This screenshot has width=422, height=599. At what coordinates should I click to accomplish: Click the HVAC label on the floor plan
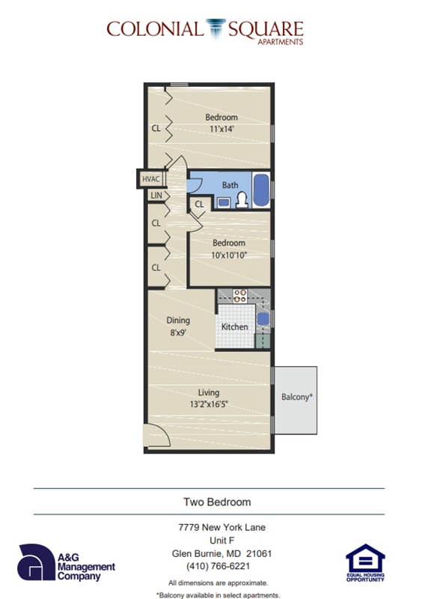(150, 180)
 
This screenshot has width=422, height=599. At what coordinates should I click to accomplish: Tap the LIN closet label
(156, 195)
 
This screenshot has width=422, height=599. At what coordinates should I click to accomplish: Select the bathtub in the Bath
(260, 190)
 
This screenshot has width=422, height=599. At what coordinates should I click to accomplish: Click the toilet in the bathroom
(242, 199)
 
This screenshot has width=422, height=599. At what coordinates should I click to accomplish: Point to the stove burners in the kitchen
(240, 296)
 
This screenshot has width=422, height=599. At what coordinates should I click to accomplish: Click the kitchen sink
(263, 319)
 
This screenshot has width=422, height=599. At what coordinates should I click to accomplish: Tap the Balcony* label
(296, 398)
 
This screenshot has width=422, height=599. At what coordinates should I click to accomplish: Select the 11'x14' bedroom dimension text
(221, 129)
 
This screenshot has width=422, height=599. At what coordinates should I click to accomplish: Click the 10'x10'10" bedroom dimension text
(228, 255)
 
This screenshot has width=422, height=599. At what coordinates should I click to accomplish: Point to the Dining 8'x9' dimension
(177, 332)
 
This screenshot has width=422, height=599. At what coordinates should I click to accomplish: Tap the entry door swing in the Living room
(154, 437)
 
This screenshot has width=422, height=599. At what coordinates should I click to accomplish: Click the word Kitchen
(234, 327)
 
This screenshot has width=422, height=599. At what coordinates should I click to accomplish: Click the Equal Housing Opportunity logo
(365, 563)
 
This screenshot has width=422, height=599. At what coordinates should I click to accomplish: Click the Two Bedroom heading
(217, 502)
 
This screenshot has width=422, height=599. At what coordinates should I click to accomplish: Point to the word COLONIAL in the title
(154, 29)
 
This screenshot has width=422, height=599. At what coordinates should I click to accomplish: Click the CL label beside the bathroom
(200, 204)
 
